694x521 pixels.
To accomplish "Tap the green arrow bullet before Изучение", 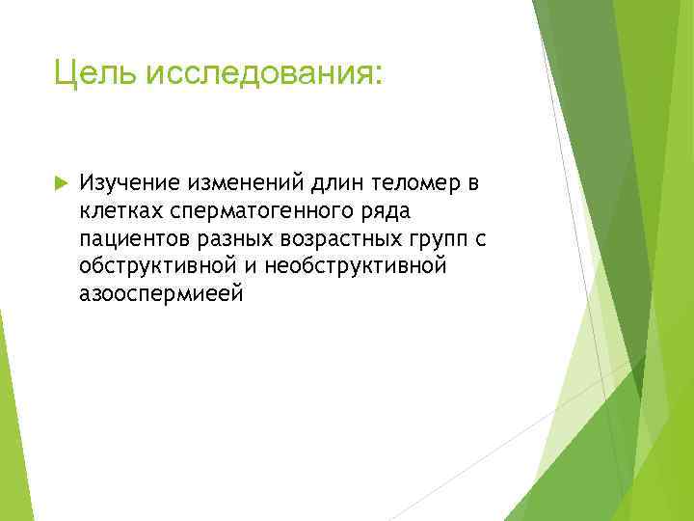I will tap(59, 182).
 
